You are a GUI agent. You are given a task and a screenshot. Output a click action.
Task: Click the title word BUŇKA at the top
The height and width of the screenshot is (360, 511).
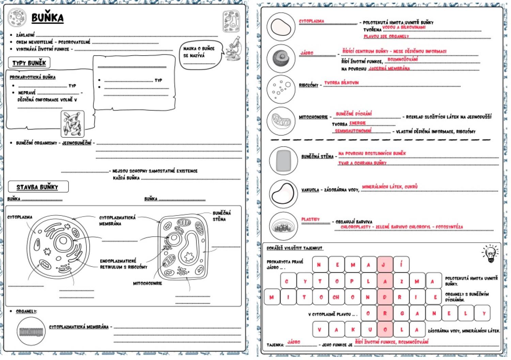pyautogui.click(x=47, y=18)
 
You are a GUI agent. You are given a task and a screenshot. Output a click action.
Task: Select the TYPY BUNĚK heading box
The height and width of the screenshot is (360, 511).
pyautogui.click(x=29, y=63)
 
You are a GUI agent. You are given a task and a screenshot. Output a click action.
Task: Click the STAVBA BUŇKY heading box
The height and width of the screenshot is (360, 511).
pyautogui.click(x=37, y=187)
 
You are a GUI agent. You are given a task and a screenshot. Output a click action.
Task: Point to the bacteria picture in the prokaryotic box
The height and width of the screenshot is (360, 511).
pyautogui.click(x=72, y=123)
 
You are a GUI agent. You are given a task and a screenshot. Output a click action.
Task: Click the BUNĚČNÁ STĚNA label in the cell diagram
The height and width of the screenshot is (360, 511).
pyautogui.click(x=221, y=216)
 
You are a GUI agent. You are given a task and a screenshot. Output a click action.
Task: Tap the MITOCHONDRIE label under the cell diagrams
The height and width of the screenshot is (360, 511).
pyautogui.click(x=148, y=283)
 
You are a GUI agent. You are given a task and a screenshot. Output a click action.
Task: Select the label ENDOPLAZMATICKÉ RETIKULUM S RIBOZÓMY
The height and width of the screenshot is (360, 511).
pyautogui.click(x=123, y=264)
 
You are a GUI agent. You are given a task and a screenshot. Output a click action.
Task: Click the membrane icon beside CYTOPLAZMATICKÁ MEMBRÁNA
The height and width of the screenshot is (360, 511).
pyautogui.click(x=31, y=331)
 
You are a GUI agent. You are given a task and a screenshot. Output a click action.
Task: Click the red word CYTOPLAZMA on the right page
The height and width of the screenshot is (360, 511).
pyautogui.click(x=311, y=21)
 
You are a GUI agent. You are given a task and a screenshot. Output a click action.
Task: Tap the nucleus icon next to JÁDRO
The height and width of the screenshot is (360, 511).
pyautogui.click(x=281, y=58)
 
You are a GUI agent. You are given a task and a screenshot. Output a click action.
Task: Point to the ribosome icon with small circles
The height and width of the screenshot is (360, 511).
pyautogui.click(x=281, y=89)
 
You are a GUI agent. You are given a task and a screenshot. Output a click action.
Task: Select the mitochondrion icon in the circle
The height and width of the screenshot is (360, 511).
pyautogui.click(x=281, y=121)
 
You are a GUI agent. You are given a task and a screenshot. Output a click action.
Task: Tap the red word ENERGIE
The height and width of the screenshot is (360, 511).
pyautogui.click(x=357, y=123)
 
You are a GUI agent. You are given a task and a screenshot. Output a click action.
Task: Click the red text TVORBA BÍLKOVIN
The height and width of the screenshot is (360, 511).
pyautogui.click(x=341, y=82)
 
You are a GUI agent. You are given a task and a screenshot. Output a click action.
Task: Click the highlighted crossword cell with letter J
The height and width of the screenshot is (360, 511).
pyautogui.click(x=385, y=265)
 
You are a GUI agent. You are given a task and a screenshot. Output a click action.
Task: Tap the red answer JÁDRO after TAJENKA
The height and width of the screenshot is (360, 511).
pyautogui.click(x=294, y=342)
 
